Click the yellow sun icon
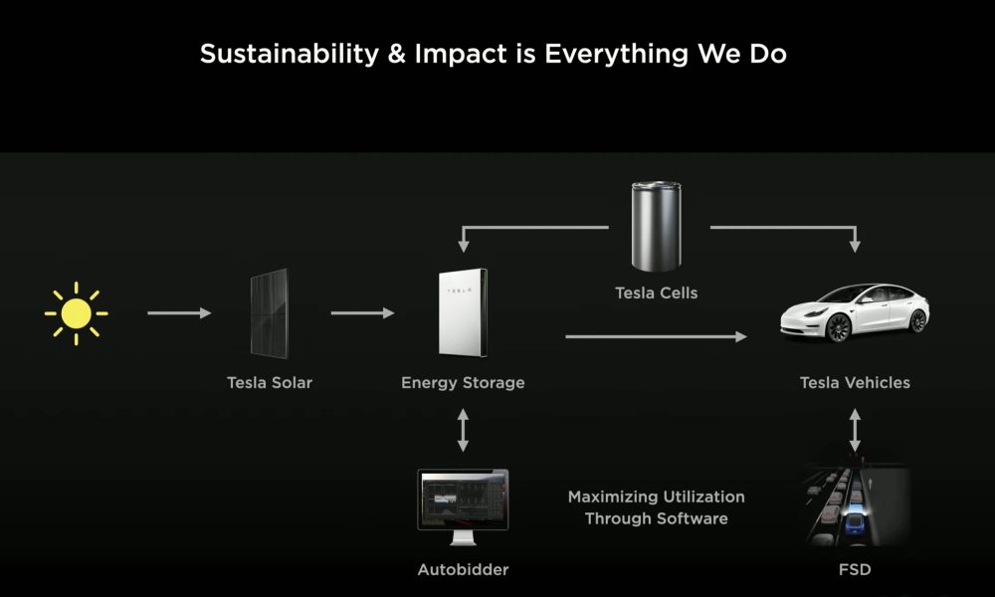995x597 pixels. [x=77, y=313]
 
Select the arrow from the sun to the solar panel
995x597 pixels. [x=179, y=312]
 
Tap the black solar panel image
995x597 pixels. [x=269, y=313]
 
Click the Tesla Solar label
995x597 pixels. [x=270, y=382]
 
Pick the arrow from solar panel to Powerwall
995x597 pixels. [x=362, y=312]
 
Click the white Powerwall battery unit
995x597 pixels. [x=464, y=312]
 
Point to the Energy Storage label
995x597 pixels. [x=464, y=382]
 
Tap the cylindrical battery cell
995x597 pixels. [x=656, y=226]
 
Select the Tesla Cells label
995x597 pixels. [x=656, y=294]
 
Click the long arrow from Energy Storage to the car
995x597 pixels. [x=656, y=336]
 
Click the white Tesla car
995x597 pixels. [x=855, y=312]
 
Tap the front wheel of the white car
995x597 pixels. [x=838, y=327]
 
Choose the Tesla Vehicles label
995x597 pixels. [x=855, y=382]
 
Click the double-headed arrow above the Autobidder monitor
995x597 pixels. [x=464, y=430]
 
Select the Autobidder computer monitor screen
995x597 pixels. [x=464, y=500]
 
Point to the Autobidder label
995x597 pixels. [x=464, y=570]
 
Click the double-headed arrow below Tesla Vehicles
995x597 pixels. [x=855, y=430]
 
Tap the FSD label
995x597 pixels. [x=855, y=570]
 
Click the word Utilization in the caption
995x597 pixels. [x=705, y=497]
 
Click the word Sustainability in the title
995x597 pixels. [x=290, y=54]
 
